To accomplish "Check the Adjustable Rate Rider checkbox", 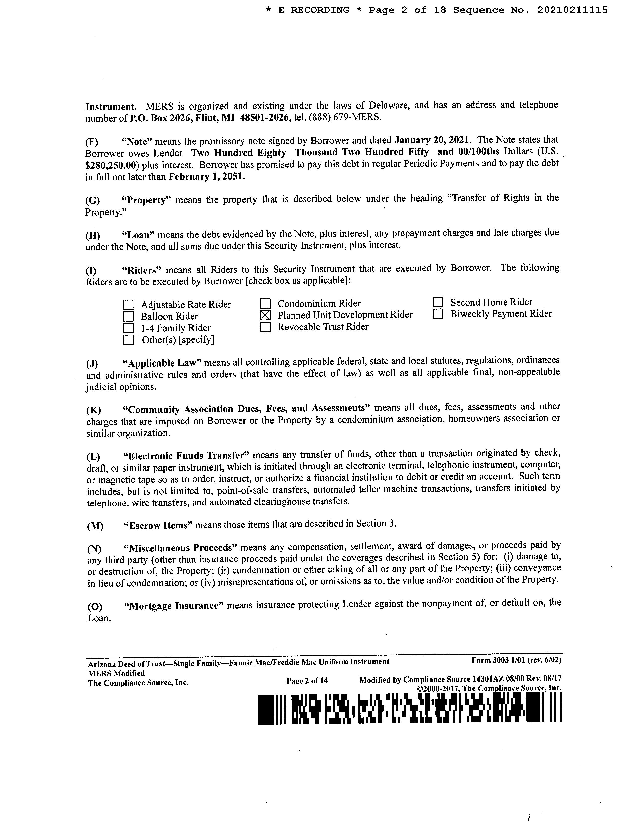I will point(128,305).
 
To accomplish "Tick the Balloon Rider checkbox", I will point(128,317).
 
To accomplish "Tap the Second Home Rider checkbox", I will point(438,303).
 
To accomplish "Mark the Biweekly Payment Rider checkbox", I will point(438,314).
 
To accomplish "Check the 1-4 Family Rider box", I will point(128,328).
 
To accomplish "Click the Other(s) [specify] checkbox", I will point(128,340).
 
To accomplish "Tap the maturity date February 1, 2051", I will point(206,177).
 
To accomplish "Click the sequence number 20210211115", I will point(572,10).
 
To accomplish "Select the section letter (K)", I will point(94,410).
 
